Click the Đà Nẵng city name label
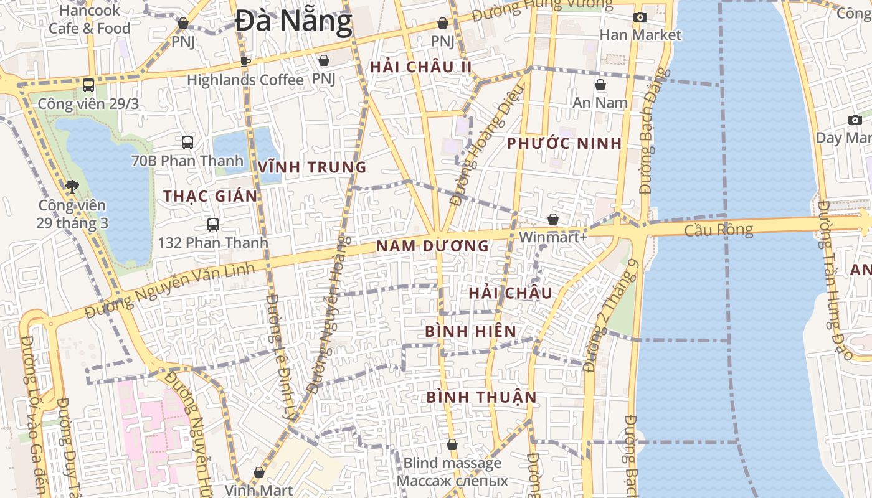click(x=293, y=22)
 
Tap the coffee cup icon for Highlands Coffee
click(x=245, y=62)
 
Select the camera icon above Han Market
click(x=640, y=17)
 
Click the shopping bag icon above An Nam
click(x=600, y=85)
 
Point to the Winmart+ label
click(x=553, y=237)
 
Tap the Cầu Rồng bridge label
click(x=718, y=230)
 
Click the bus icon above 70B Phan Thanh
click(x=187, y=143)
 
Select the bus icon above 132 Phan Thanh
click(x=213, y=225)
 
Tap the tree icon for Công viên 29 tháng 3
click(x=72, y=186)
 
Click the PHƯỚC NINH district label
click(x=564, y=144)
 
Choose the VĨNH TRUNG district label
click(x=312, y=167)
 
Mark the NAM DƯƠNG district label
click(x=432, y=247)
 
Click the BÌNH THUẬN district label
click(x=481, y=397)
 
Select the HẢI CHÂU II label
click(x=420, y=67)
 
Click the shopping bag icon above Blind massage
click(x=452, y=445)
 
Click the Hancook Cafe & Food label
click(x=89, y=19)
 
